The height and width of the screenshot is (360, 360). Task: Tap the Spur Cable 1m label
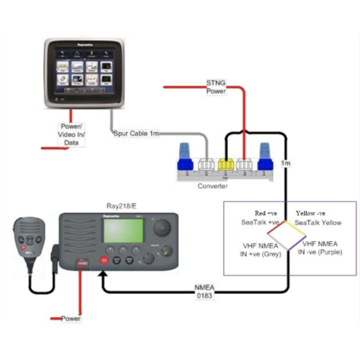(x=136, y=133)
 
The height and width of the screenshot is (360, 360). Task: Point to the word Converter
(x=212, y=186)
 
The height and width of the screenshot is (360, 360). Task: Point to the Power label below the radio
(x=71, y=319)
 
